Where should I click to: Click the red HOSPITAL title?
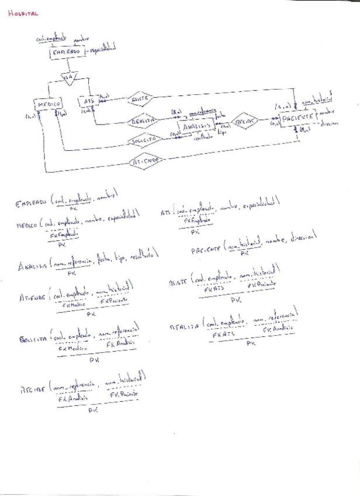[23, 13]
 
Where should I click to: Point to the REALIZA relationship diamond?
[143, 120]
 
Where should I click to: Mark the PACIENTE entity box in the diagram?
[297, 118]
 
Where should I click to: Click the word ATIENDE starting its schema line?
[32, 298]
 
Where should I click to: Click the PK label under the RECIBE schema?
[92, 411]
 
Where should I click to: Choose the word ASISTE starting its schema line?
[178, 281]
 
